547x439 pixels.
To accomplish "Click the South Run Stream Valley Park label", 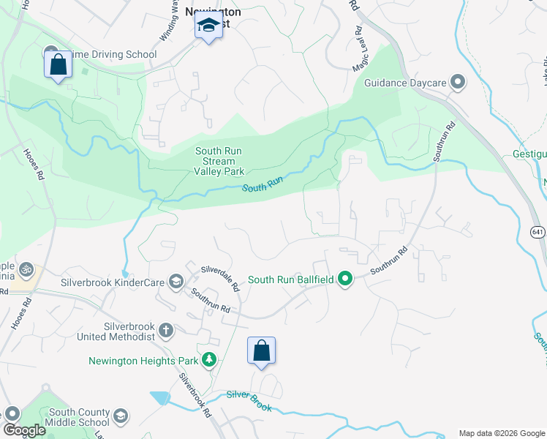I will click(219, 161).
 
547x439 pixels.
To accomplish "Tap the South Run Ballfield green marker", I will click(346, 279).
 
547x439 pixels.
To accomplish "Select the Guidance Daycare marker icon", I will click(458, 82).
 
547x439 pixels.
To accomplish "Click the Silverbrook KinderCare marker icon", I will click(176, 282).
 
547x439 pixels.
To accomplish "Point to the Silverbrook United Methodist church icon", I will click(166, 330).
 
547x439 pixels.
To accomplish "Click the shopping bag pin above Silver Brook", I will click(261, 351).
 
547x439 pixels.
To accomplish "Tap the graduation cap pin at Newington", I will click(208, 27).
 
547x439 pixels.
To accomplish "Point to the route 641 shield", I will click(537, 232).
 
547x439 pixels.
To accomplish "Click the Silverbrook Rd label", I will click(195, 396).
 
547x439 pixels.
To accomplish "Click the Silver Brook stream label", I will click(249, 400).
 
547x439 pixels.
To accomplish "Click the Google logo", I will click(24, 430).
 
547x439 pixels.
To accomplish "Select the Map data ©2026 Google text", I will click(501, 433).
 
